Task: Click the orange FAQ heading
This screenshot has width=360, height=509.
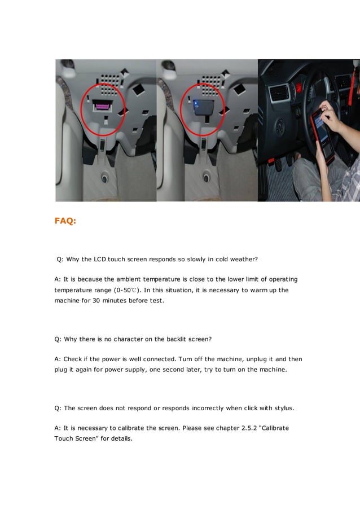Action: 65,221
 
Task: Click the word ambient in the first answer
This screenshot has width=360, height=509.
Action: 129,279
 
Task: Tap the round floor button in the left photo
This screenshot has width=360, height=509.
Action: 104,179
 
